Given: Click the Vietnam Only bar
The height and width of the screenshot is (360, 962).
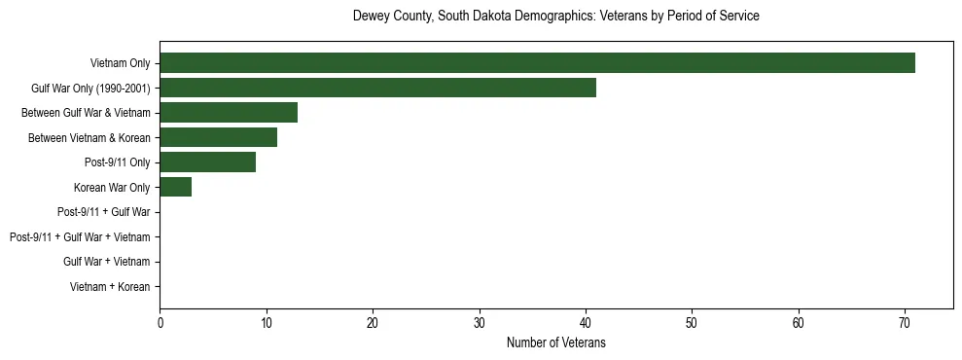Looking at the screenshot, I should click(x=537, y=63).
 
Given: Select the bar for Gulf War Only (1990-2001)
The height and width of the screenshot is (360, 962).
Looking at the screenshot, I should click(x=377, y=88).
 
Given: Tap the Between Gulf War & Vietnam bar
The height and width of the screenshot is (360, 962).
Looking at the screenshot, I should click(x=229, y=113).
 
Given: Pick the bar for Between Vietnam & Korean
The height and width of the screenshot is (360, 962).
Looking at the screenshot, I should click(x=218, y=137).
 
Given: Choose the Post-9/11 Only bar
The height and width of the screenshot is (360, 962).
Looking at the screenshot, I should click(x=207, y=162).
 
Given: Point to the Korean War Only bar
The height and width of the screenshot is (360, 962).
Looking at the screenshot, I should click(x=176, y=187).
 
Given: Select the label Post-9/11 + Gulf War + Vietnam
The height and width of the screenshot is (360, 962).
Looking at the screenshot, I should click(x=80, y=237).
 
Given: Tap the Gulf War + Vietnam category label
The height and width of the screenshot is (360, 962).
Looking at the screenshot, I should click(x=107, y=262).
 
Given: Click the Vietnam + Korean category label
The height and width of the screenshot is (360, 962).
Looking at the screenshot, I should click(x=110, y=287).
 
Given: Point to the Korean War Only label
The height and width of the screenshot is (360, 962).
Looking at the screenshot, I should click(x=112, y=187).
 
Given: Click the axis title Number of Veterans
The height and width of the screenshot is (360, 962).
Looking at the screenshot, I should click(x=556, y=342).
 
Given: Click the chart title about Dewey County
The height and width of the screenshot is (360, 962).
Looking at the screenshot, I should click(x=556, y=17).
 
